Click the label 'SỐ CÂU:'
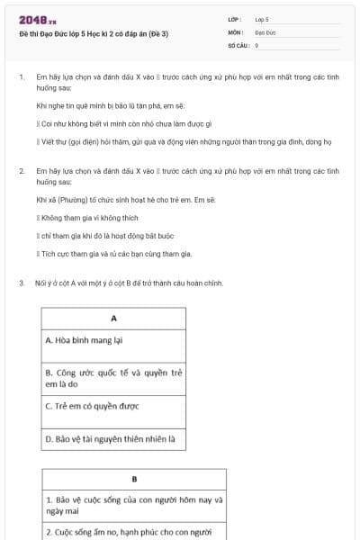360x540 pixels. (x=238, y=44)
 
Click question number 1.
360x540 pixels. (x=21, y=78)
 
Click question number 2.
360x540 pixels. (x=21, y=169)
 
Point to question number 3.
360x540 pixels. (x=21, y=283)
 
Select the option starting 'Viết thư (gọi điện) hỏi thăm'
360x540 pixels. (x=180, y=141)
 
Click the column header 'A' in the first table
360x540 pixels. (x=113, y=319)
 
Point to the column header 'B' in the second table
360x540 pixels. (x=134, y=479)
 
